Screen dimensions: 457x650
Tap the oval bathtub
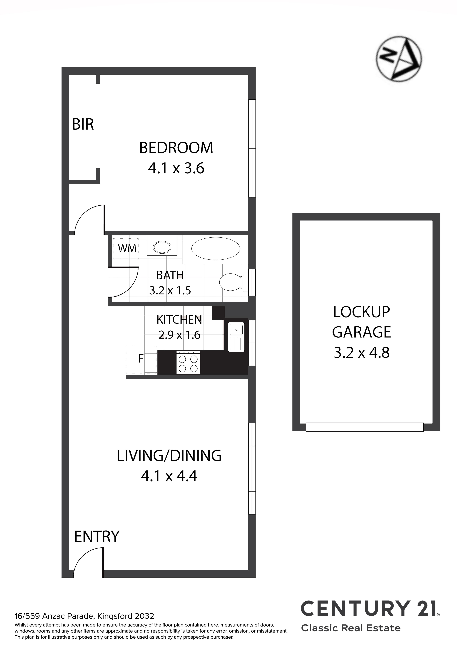(216, 248)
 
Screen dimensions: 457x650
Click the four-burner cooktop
(188, 363)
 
